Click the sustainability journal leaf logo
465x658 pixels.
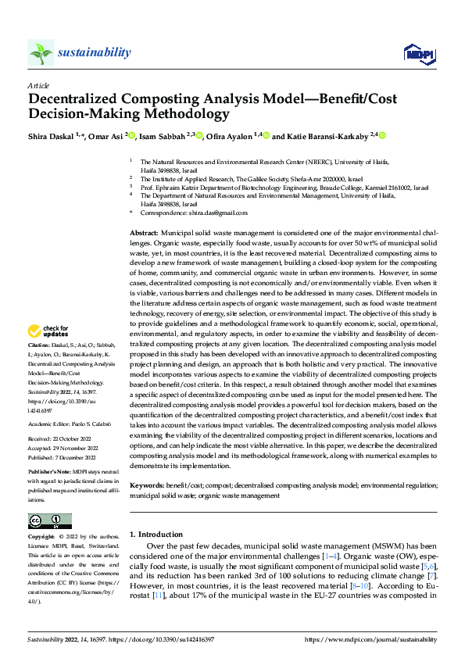click(41, 52)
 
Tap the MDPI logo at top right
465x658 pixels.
click(419, 53)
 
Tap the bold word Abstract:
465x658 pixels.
click(143, 234)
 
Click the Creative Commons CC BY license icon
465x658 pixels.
click(49, 520)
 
